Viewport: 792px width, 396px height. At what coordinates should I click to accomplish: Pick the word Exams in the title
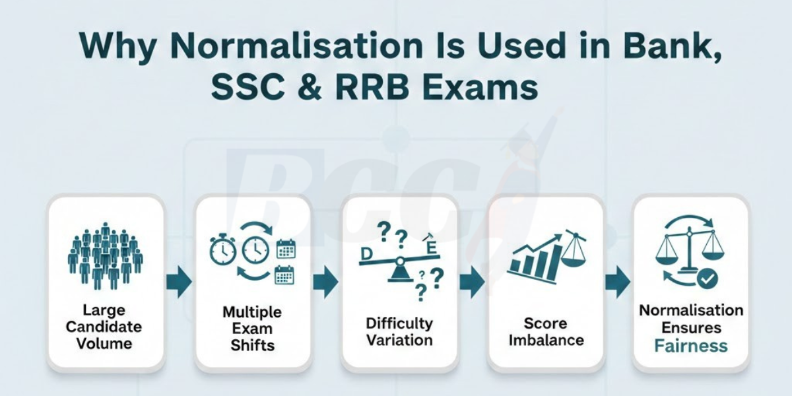(484, 88)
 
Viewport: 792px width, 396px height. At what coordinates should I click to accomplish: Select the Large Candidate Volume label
(104, 326)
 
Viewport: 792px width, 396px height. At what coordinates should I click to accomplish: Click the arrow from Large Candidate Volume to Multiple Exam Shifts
(179, 282)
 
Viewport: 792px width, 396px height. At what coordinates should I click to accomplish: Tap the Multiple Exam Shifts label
(252, 328)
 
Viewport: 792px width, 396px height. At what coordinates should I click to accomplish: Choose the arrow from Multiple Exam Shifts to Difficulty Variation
(325, 282)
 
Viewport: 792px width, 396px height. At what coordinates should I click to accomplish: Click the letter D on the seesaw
(364, 253)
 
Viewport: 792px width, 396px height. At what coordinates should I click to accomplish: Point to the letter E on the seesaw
(432, 248)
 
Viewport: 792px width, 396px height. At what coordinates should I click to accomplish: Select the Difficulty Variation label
(399, 332)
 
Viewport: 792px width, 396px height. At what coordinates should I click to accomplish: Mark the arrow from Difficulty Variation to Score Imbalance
(472, 282)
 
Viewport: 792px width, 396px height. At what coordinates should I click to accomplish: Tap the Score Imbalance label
(545, 332)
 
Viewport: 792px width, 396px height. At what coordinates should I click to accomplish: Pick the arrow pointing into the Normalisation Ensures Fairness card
(618, 282)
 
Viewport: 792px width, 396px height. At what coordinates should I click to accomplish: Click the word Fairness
(691, 346)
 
